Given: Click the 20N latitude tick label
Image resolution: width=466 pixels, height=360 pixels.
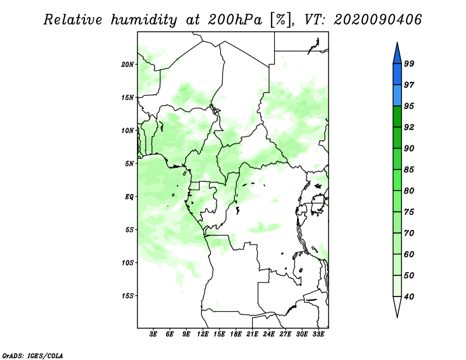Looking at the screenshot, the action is [x=127, y=65].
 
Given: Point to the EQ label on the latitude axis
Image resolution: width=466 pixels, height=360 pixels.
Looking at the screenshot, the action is [x=129, y=197].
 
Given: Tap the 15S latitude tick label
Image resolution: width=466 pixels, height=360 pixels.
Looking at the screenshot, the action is [x=127, y=296].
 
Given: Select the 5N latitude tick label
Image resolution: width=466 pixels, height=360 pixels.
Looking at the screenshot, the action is [x=129, y=164].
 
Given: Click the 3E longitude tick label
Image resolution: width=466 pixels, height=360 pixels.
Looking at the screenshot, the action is [x=153, y=334].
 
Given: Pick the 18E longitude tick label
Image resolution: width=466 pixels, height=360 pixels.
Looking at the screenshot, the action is [x=236, y=334].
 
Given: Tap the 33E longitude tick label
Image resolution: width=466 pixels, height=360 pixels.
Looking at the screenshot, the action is [x=318, y=334].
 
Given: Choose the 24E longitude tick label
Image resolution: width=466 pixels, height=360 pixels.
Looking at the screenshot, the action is [x=269, y=334].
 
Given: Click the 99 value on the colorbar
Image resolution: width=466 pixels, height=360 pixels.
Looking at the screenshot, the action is [x=409, y=63].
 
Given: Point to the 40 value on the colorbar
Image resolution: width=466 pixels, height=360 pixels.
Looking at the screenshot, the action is [x=409, y=297].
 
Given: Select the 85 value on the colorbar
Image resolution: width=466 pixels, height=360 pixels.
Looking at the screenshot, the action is [x=409, y=170].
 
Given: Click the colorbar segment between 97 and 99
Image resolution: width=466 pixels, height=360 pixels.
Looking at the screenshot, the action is [x=397, y=75].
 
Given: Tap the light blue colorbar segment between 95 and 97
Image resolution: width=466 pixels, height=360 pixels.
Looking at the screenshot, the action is [x=397, y=96].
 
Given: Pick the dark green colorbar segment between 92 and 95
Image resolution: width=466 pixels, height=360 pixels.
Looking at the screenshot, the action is [x=397, y=117].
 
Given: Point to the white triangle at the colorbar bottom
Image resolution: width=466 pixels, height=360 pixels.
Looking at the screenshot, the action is [x=397, y=306].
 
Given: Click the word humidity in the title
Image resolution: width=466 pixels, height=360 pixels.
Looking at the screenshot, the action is [x=144, y=20].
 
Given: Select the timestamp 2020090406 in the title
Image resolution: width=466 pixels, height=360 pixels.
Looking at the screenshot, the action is [x=377, y=20].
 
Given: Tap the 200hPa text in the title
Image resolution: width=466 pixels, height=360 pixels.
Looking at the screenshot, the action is [x=235, y=20].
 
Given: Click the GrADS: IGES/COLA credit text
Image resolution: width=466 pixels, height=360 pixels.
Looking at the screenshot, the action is [x=33, y=355].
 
